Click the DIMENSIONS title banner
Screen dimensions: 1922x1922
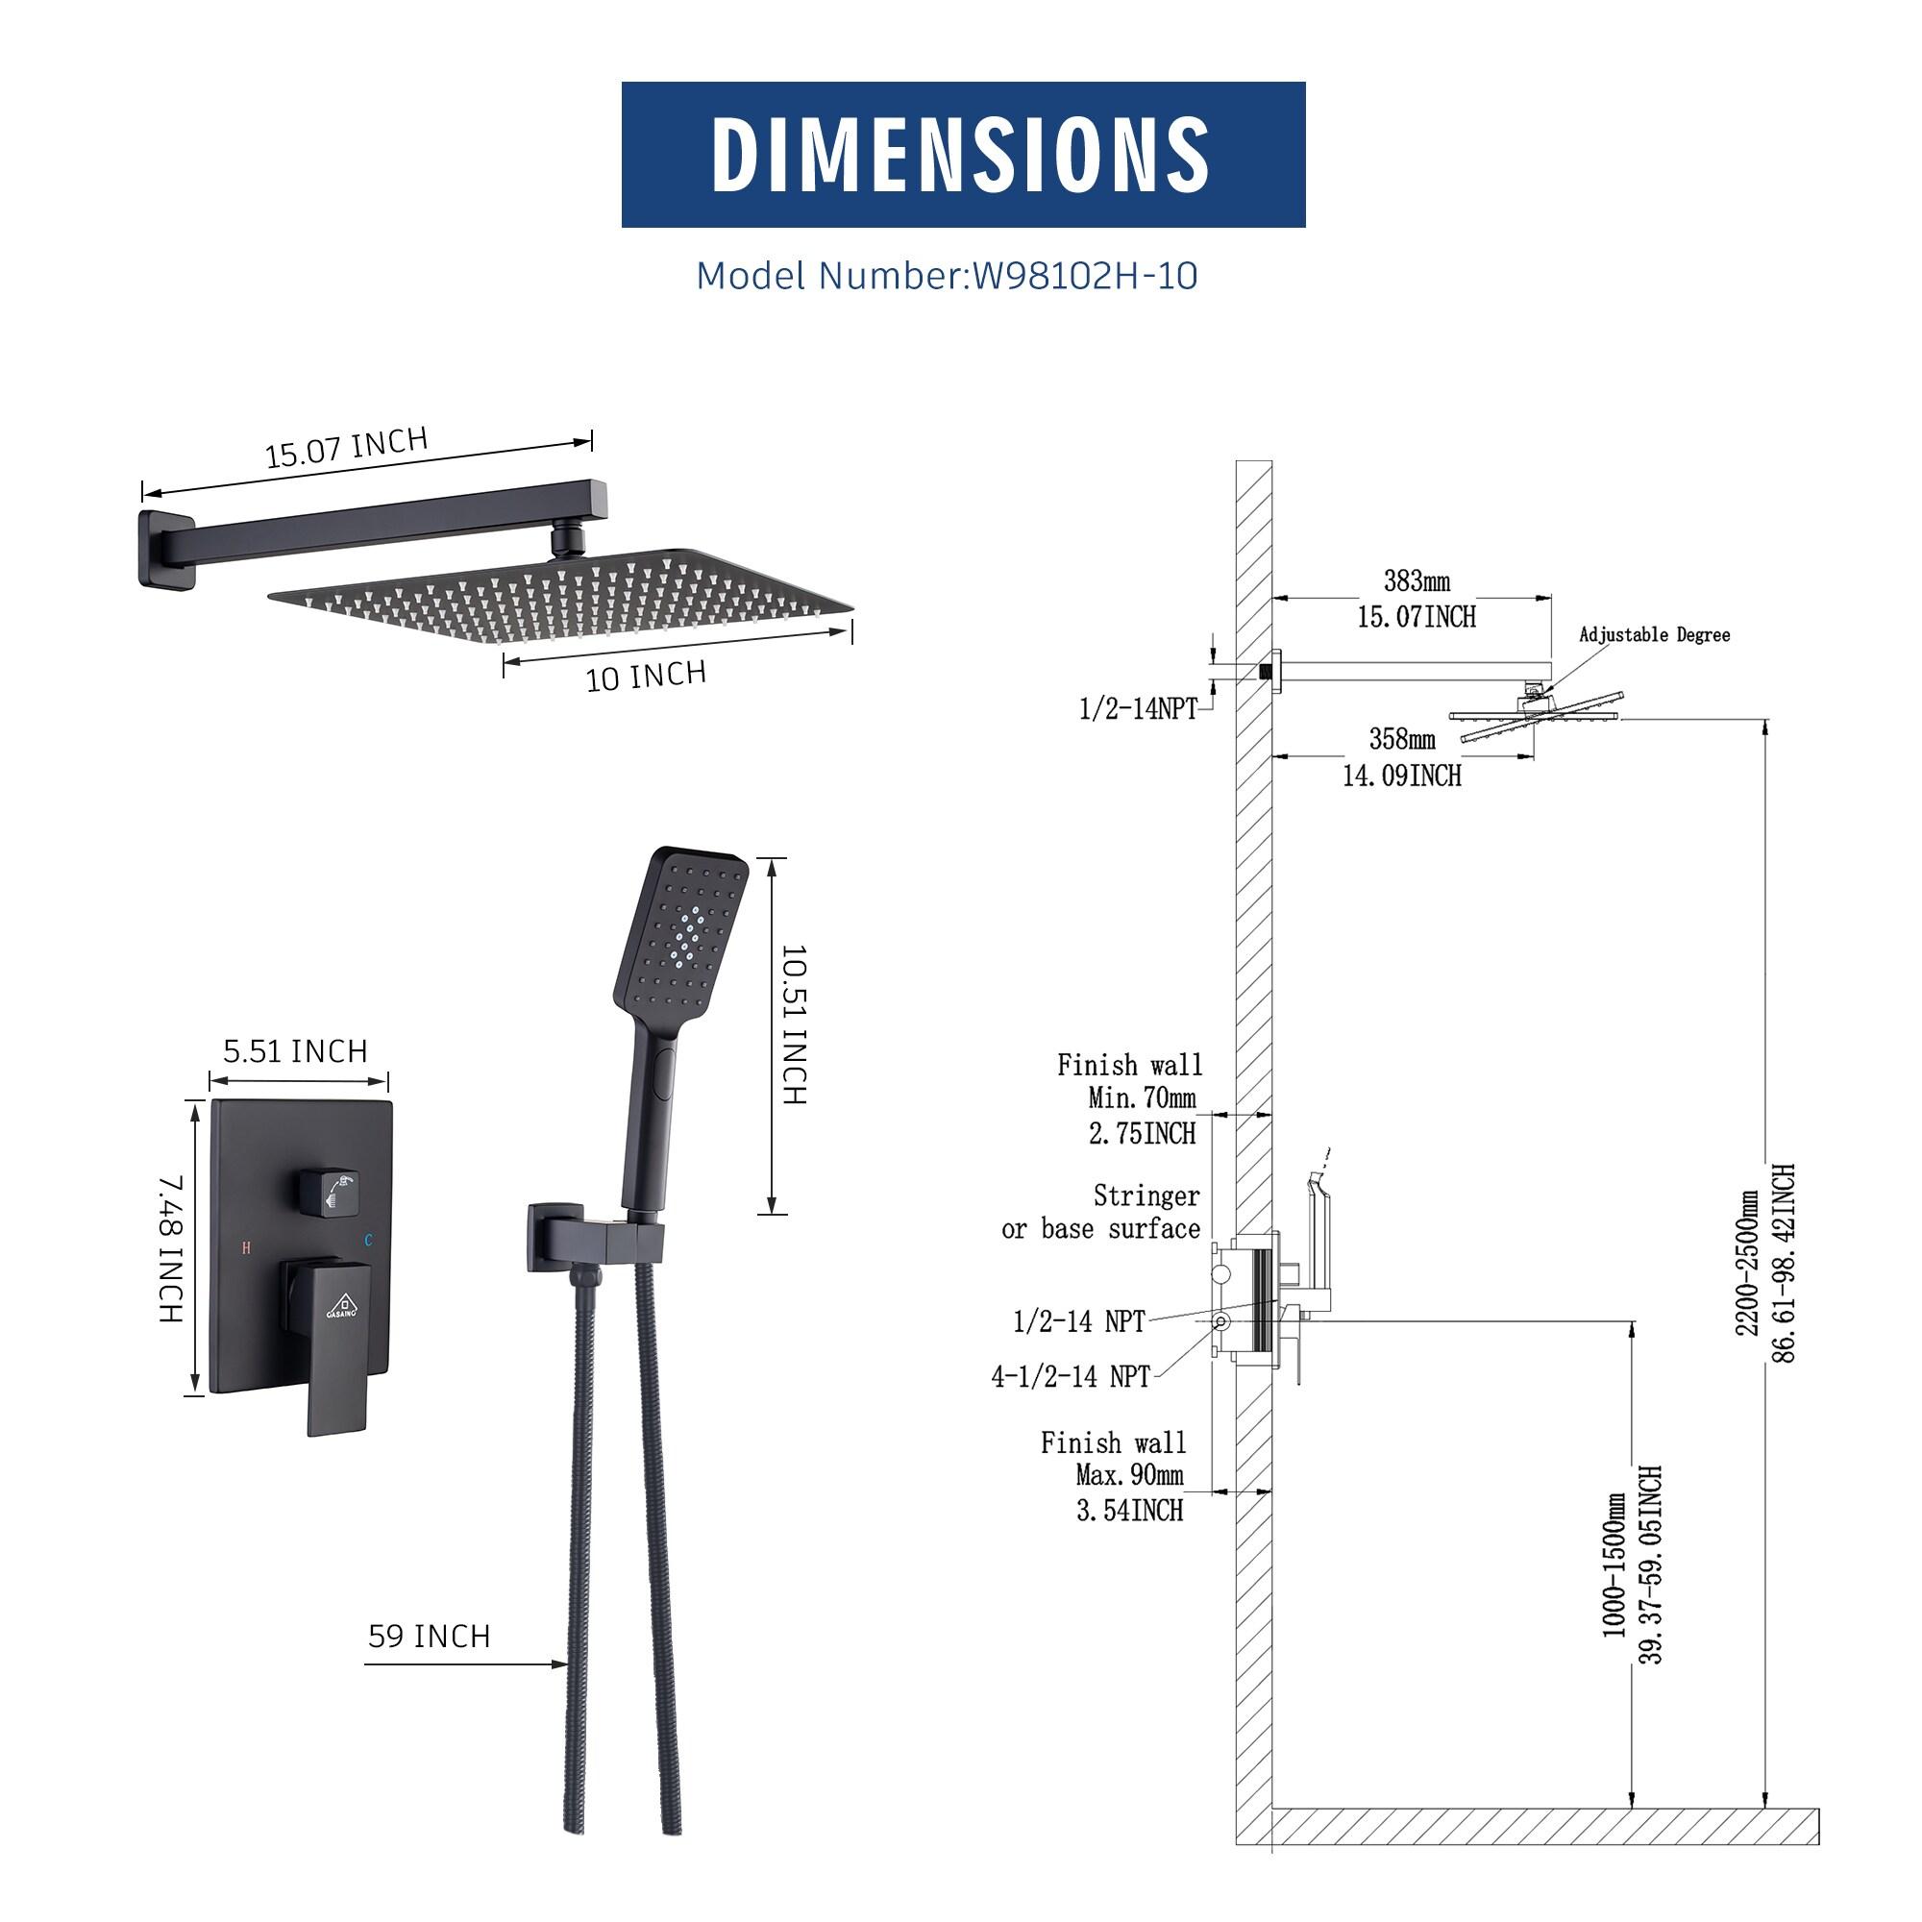pos(962,154)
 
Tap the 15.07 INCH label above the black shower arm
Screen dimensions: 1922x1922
pos(346,448)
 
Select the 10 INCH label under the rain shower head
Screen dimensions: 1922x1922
pos(646,676)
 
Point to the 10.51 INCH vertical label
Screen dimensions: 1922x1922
pos(794,1024)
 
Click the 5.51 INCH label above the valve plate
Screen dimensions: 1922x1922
pos(295,1051)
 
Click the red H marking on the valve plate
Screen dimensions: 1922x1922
pos(246,1246)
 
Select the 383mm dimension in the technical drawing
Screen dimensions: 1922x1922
pos(1417,581)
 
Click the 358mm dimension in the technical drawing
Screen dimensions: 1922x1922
pos(1402,739)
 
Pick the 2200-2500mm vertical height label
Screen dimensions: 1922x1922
pos(1749,1264)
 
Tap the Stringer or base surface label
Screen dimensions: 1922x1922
pos(1101,1212)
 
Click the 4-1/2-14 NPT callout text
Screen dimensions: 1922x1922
pos(1071,1377)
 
